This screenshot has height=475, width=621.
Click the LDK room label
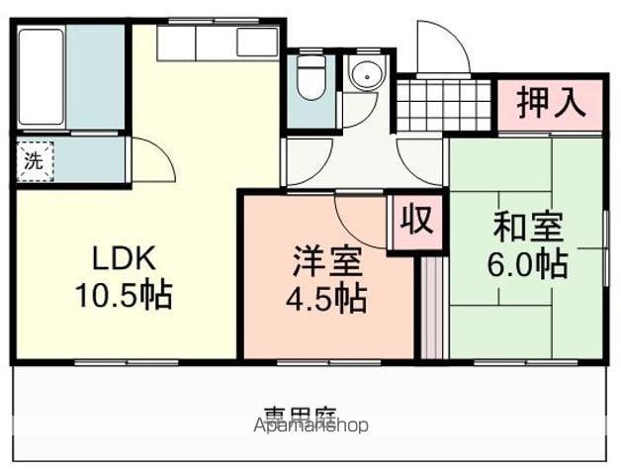[x=124, y=259]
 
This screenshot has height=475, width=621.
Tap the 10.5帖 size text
[x=124, y=294]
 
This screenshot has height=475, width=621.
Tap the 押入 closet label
[x=549, y=103]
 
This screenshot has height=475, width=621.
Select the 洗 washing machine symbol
[x=34, y=161]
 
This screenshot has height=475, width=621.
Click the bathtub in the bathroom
[x=42, y=77]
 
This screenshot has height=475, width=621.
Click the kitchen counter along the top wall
[x=218, y=43]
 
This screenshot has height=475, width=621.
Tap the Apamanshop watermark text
[x=311, y=426]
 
